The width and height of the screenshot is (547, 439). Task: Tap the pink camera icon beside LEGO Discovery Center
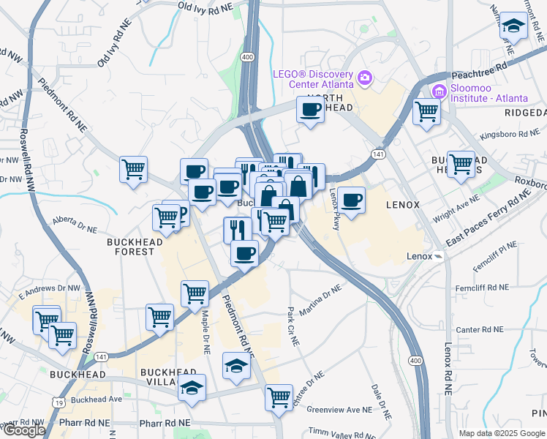point(364,76)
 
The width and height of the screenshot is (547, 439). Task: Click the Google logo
point(23,430)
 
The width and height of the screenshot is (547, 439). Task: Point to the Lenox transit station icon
point(437,257)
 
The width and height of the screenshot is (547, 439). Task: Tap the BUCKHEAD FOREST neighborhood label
point(131,246)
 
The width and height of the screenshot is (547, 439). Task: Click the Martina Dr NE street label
point(320,299)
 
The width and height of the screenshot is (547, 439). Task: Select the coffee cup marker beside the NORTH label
point(310,110)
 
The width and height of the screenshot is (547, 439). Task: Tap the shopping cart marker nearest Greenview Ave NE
point(279,397)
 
